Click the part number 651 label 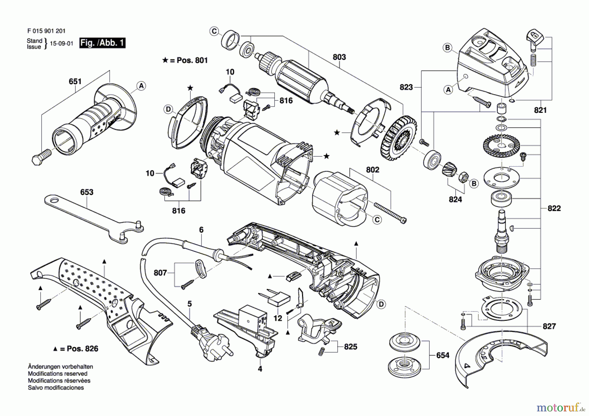75,81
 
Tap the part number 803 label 339,57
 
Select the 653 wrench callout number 87,192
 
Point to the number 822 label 554,208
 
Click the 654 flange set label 443,355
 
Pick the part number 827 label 549,326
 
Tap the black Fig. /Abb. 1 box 102,43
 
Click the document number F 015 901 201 46,31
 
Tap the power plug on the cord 211,341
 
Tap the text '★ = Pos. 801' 185,60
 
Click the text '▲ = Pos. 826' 76,349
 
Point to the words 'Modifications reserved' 58,373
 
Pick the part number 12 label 277,318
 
